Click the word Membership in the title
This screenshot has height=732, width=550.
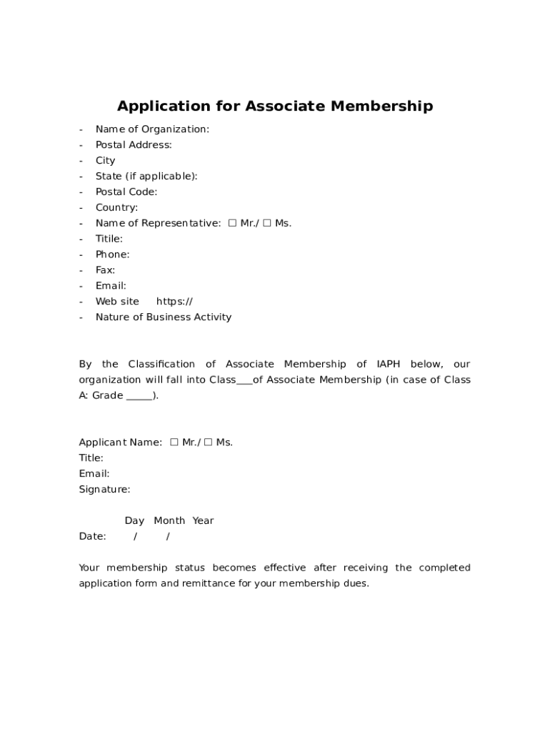(379, 107)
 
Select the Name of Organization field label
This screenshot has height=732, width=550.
(152, 129)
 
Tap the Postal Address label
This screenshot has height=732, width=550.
(134, 145)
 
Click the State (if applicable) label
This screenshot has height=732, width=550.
(146, 177)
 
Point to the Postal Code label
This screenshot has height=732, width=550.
(126, 192)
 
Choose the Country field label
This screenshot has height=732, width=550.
(116, 208)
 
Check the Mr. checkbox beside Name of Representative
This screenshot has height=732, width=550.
(232, 223)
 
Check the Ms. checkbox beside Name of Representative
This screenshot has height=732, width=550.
(267, 223)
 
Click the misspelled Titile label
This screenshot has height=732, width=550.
(109, 239)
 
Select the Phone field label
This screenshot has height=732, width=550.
(112, 254)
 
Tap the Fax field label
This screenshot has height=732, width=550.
(105, 270)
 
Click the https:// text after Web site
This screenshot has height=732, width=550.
(174, 302)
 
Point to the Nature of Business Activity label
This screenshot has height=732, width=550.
(164, 317)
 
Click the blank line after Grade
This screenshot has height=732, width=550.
(139, 397)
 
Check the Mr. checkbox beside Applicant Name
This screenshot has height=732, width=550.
(174, 442)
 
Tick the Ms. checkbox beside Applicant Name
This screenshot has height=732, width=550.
(209, 442)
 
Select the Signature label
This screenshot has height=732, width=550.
(104, 490)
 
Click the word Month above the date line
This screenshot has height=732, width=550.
(169, 521)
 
